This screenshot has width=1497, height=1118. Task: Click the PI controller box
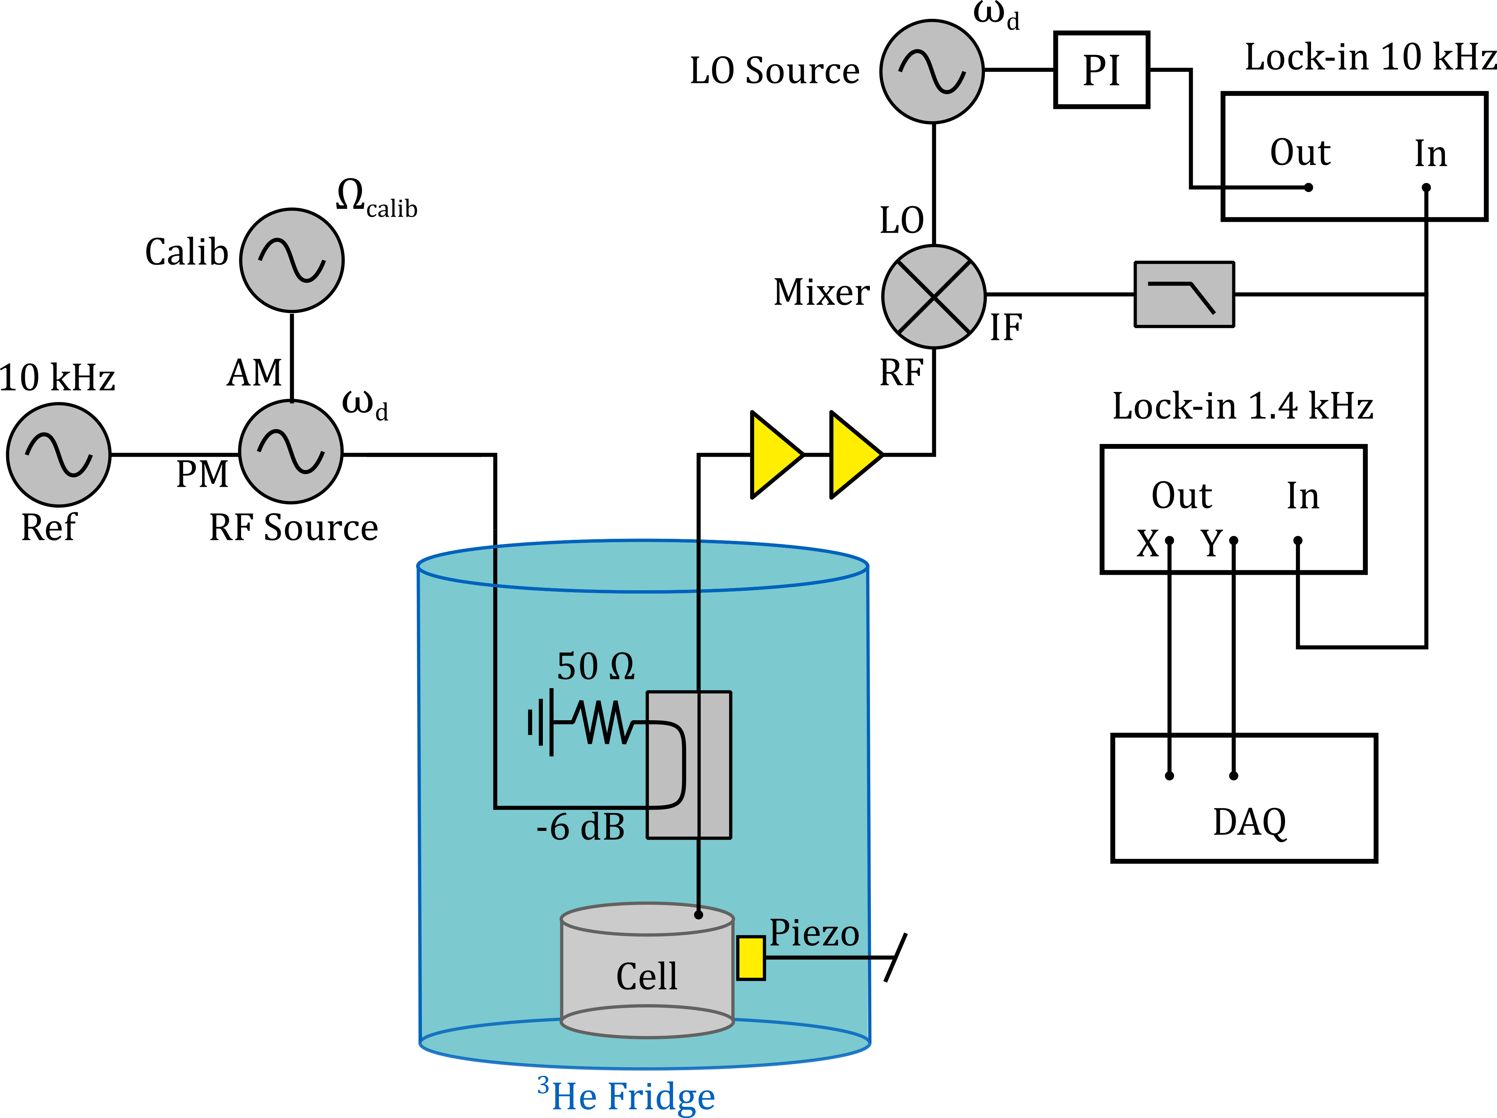[x=1101, y=70]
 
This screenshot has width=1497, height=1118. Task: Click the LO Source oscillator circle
[x=932, y=71]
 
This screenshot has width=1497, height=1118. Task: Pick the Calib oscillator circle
[x=292, y=260]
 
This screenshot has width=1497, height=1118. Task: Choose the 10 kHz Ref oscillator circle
[x=58, y=455]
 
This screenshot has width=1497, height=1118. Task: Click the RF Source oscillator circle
[x=291, y=452]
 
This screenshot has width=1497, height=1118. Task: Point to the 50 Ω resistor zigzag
[x=602, y=722]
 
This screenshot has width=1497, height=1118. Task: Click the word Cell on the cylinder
[x=646, y=976]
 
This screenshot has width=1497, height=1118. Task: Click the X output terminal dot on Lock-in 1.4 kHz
[x=1169, y=541]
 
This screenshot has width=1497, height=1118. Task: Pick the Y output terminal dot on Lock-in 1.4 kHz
[x=1233, y=541]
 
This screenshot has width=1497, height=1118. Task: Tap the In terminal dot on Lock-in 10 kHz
[x=1426, y=187]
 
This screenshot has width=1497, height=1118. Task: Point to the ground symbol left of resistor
[x=541, y=722]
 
